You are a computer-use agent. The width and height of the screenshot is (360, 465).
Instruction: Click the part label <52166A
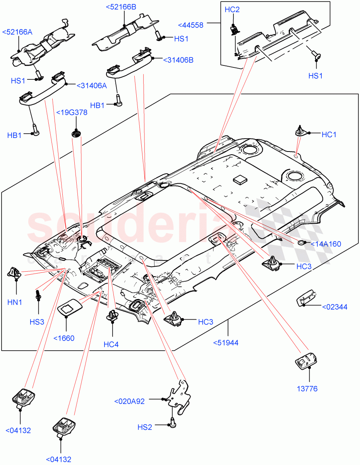[x=17, y=32]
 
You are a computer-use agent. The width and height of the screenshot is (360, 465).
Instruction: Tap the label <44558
[x=190, y=25]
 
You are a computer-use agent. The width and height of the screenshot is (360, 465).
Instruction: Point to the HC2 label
[x=232, y=10]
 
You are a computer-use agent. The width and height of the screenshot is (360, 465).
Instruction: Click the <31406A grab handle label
[x=92, y=86]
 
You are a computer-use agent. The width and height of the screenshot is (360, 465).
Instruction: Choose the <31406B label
[x=178, y=60]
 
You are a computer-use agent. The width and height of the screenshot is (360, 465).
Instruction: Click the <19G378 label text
[x=72, y=112]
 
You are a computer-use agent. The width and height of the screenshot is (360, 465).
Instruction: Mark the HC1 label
[x=329, y=134]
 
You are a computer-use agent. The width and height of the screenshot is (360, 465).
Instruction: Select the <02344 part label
[x=334, y=307]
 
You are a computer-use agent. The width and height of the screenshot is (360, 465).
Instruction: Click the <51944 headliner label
[x=226, y=343]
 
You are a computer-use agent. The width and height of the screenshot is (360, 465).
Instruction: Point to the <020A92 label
[x=129, y=401]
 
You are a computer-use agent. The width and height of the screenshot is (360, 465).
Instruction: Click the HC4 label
[x=111, y=344]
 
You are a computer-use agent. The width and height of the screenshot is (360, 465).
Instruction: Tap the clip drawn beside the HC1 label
[x=300, y=131]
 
